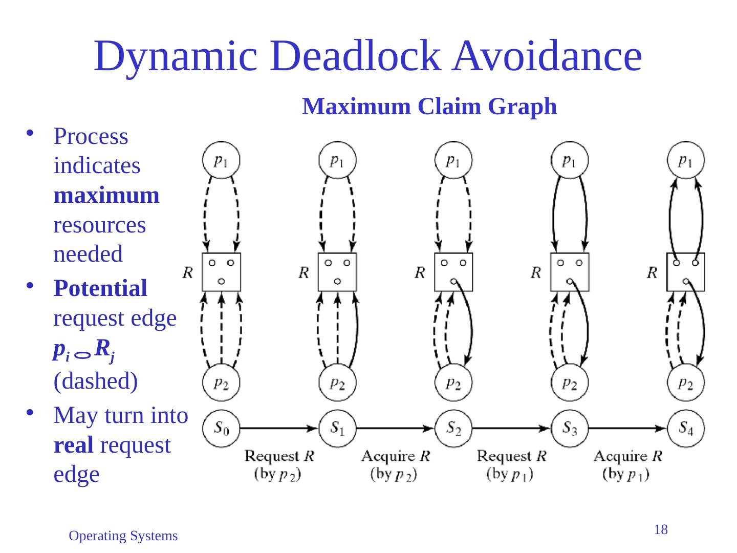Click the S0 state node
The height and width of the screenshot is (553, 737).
[221, 428]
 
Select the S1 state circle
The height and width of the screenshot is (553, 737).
[337, 428]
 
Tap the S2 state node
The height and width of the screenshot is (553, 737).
[453, 428]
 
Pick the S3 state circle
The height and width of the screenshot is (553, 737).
[570, 428]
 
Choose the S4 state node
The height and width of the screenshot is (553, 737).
[686, 428]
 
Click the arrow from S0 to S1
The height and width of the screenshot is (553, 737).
[279, 428]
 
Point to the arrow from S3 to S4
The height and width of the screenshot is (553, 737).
[627, 428]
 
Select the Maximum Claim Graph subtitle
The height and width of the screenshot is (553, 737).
[429, 107]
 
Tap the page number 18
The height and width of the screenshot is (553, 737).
[661, 530]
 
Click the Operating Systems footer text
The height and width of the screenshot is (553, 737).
[123, 536]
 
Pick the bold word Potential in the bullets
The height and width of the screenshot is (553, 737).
[100, 288]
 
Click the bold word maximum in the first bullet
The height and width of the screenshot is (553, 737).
[106, 196]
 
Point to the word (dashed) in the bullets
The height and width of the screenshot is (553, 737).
[96, 381]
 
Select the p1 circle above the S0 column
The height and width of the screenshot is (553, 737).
[221, 160]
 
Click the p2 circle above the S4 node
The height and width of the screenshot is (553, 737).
[686, 382]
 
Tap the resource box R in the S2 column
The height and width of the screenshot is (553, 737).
[453, 272]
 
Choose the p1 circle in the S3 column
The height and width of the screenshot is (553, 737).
[570, 160]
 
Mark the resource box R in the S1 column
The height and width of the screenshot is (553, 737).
[337, 272]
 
